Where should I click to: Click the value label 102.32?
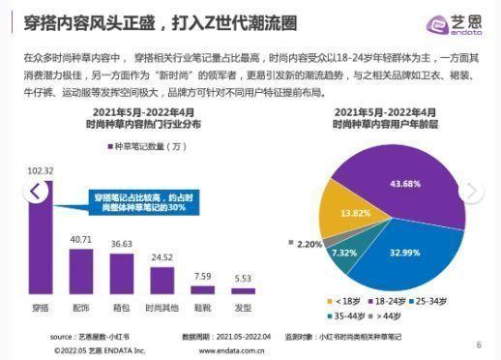pyautogui.click(x=39, y=171)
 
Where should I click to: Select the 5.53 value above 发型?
pyautogui.click(x=241, y=279)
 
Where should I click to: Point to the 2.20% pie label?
pyautogui.click(x=309, y=245)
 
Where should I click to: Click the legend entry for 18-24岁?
pyautogui.click(x=386, y=300)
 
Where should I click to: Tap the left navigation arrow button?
pyautogui.click(x=36, y=191)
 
